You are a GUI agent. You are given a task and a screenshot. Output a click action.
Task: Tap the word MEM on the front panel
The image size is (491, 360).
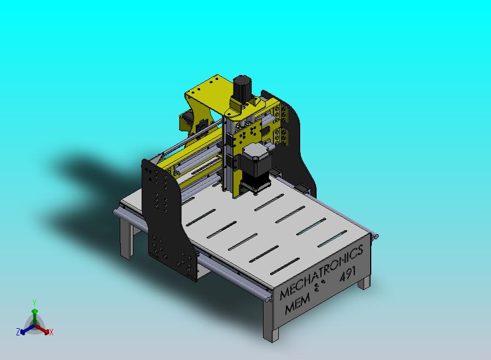point(297,303)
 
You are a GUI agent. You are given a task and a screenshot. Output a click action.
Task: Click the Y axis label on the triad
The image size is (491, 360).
point(34,303)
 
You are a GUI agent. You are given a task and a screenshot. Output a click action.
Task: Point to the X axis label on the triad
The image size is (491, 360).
point(51,332)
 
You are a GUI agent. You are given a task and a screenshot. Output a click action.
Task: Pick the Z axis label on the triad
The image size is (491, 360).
point(18,332)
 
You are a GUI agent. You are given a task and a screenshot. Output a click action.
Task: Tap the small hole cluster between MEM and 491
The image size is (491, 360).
point(319,285)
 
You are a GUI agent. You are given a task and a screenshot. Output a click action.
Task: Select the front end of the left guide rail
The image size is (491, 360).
point(266,296)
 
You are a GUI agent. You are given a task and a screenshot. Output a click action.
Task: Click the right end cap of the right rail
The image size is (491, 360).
point(375,236)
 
